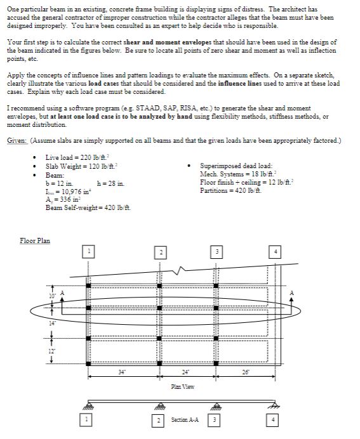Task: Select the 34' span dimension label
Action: coord(121,370)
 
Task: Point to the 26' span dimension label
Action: coord(244,370)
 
